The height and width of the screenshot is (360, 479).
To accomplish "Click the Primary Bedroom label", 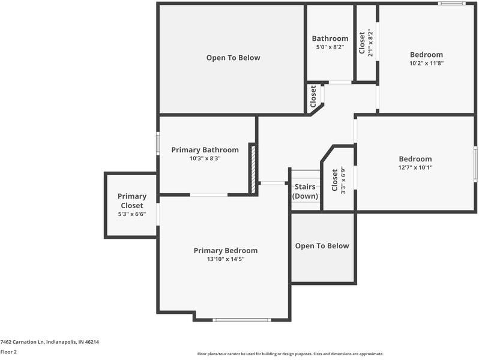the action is (x=226, y=251).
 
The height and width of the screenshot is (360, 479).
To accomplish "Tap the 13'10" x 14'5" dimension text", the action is (x=226, y=259).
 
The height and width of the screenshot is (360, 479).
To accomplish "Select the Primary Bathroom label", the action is (x=205, y=150).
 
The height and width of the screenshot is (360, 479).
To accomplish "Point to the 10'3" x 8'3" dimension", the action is (x=205, y=158).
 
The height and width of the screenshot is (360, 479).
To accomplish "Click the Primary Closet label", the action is (x=132, y=201).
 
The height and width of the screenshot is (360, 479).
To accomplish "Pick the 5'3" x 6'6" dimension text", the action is (x=132, y=214).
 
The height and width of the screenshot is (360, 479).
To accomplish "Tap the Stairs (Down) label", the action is (x=305, y=191).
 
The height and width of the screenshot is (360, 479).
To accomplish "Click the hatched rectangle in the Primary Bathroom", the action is (x=253, y=169).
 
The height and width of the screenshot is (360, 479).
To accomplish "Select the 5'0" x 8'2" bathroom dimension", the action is (x=330, y=47).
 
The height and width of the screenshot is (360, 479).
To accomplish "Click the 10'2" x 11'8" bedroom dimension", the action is (x=426, y=63).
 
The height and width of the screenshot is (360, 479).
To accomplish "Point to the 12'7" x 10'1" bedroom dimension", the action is (x=415, y=167).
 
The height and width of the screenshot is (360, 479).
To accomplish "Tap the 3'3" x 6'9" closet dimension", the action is (x=343, y=180).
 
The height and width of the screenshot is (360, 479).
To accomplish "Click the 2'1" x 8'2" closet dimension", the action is (x=370, y=43).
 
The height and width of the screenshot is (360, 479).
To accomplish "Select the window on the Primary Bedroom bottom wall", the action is (x=242, y=320).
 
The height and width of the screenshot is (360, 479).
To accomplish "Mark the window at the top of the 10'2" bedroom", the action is (x=451, y=4).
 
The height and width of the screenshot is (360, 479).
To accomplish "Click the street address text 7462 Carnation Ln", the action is (x=23, y=342).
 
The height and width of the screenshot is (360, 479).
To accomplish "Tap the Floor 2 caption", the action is (x=8, y=352).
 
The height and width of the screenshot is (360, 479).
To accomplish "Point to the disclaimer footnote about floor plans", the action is (x=290, y=354).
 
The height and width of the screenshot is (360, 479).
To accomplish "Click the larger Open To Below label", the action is (x=233, y=58).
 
